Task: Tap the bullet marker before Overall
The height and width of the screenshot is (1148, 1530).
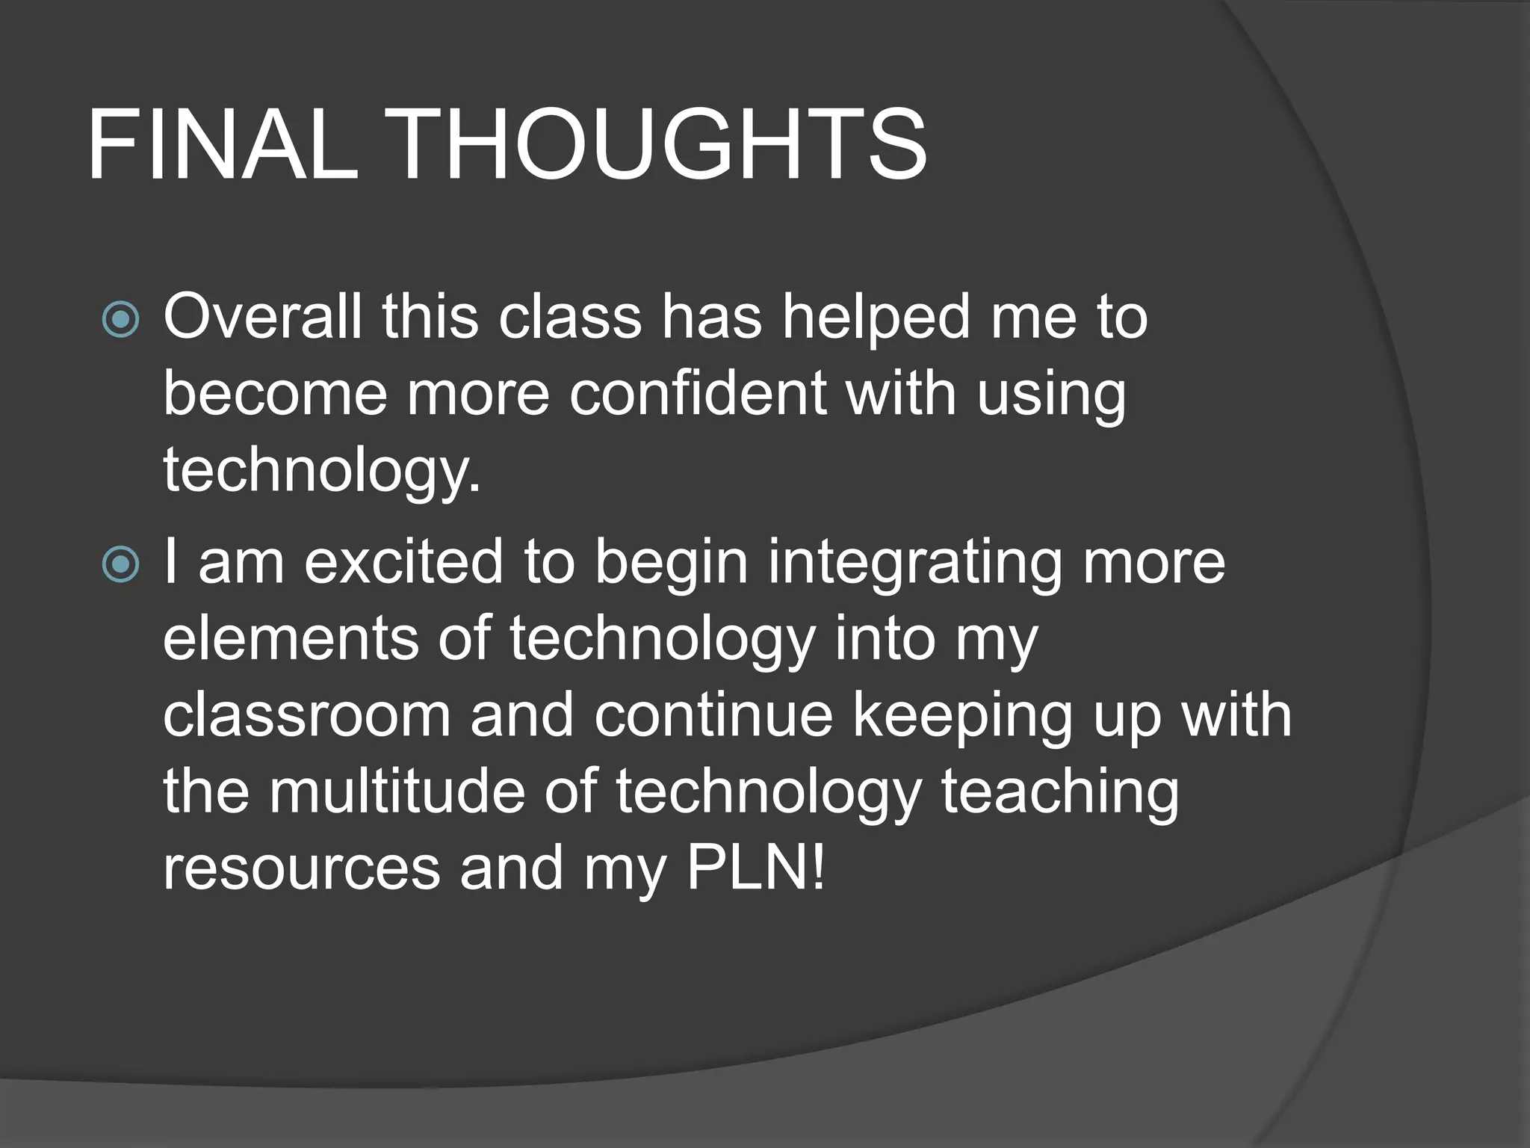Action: (x=121, y=320)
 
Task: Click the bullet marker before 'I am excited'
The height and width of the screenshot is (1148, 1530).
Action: (x=121, y=564)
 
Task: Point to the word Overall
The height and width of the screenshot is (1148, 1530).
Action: (x=262, y=317)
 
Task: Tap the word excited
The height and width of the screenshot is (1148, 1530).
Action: (x=403, y=562)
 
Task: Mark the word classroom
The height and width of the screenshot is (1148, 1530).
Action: (x=306, y=715)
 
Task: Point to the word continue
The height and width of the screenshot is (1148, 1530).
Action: (x=713, y=715)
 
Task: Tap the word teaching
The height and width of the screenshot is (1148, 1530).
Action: (x=1059, y=794)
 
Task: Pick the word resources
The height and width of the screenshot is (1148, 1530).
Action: (x=302, y=868)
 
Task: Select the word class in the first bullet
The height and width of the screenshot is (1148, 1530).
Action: (x=570, y=317)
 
